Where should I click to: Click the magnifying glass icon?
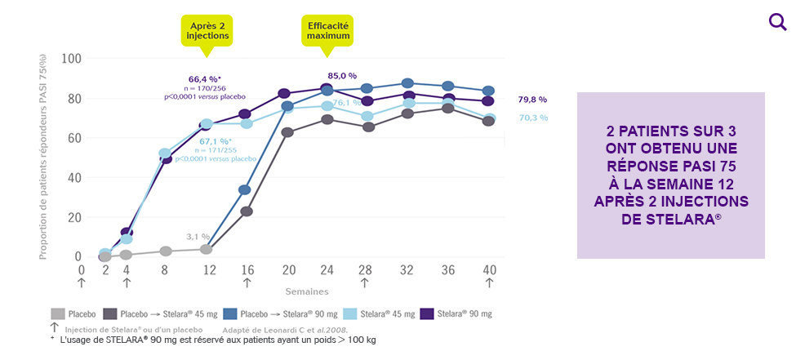coord(777,22)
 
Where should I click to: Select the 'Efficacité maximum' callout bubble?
coord(328,31)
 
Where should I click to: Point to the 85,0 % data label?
coord(344,76)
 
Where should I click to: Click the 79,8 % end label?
coord(532,100)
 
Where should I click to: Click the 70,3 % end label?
coord(533,118)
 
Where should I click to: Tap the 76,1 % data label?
coord(347,103)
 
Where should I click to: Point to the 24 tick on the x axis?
coord(327,270)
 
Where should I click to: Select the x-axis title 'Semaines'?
coord(308,291)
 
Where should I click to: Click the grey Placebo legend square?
coord(57,313)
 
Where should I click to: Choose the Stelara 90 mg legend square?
coord(426,313)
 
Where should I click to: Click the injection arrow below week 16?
coord(247,283)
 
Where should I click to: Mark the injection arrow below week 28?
coord(365,283)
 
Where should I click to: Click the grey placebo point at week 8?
coord(166,251)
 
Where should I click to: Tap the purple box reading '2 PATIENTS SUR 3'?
coord(670,175)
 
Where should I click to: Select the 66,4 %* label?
coord(205,79)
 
